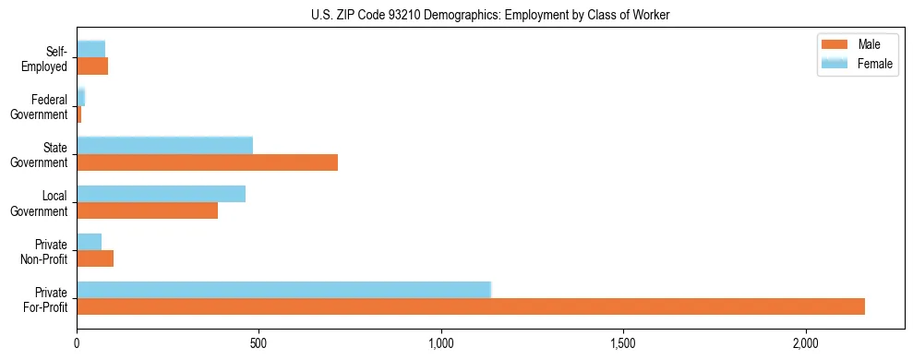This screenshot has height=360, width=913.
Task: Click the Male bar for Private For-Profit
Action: (x=471, y=306)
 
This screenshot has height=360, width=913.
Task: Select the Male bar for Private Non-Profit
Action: (x=95, y=258)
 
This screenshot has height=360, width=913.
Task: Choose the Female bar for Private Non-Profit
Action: (x=89, y=242)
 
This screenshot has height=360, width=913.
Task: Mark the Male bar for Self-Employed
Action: (x=92, y=66)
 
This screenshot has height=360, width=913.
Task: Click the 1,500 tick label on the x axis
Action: (x=623, y=343)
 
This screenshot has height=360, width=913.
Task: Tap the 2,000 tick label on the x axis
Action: (x=806, y=343)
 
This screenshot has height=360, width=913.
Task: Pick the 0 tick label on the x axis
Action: (x=77, y=343)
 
